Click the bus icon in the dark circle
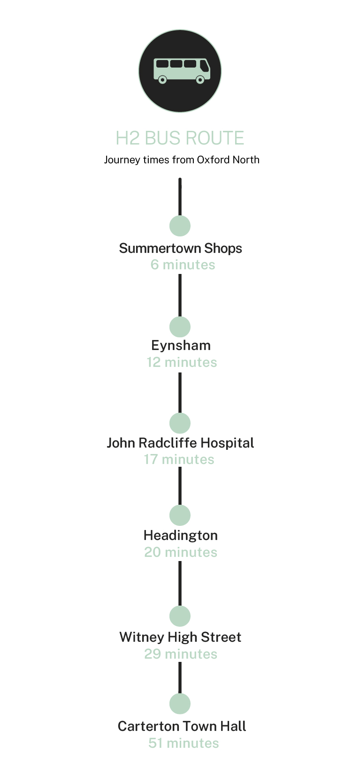[x=181, y=70]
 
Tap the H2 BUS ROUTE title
[x=180, y=138]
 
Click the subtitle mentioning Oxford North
[x=181, y=160]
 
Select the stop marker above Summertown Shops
[x=180, y=226]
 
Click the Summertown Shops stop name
[x=180, y=248]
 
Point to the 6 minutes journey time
[x=183, y=265]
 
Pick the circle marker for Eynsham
[x=180, y=326]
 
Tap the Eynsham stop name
[x=181, y=346]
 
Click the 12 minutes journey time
[x=182, y=362]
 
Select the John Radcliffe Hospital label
[x=180, y=443]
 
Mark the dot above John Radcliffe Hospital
[x=180, y=423]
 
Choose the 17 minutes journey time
[x=179, y=459]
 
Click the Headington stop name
[x=180, y=535]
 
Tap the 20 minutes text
[x=181, y=552]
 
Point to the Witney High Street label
[x=180, y=637]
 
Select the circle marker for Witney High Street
[x=180, y=616]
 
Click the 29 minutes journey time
[x=181, y=654]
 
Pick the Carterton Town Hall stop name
[x=182, y=726]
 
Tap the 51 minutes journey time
[x=184, y=743]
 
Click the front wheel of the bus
[x=200, y=80]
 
